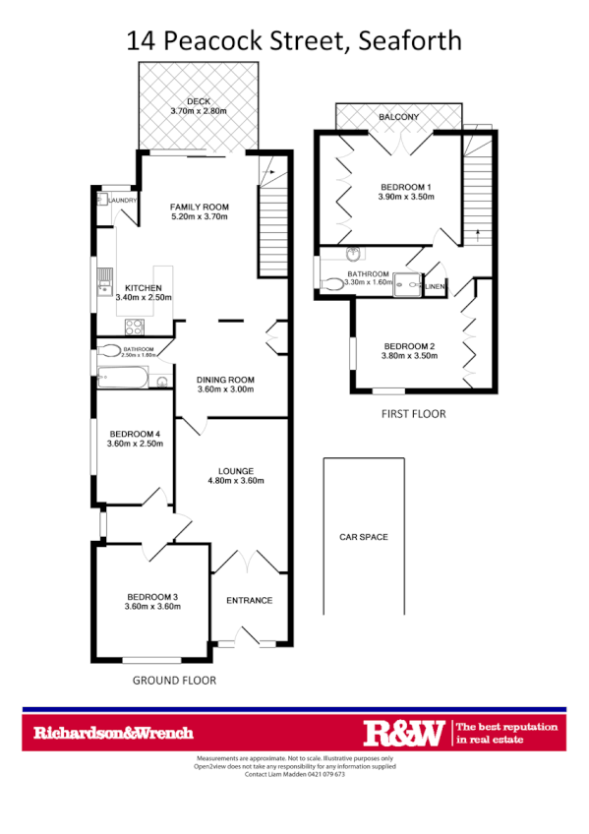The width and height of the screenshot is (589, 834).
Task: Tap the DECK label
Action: click(x=199, y=100)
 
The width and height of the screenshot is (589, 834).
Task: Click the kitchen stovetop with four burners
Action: click(x=133, y=328)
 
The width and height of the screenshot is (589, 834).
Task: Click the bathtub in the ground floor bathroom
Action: click(x=122, y=379)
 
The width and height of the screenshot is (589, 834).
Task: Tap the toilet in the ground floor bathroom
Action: click(x=109, y=350)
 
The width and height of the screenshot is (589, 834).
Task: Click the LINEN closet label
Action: click(x=435, y=286)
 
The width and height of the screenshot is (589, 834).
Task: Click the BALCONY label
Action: click(x=399, y=117)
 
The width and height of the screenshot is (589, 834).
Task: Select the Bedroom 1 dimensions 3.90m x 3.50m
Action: click(x=407, y=197)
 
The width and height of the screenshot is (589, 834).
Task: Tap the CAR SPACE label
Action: click(x=363, y=537)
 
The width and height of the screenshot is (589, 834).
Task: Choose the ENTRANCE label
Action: click(x=249, y=600)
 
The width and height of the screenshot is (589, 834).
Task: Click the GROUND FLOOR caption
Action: click(x=174, y=680)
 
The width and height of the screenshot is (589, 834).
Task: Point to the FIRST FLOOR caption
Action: click(x=413, y=414)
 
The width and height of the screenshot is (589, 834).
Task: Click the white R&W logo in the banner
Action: click(x=403, y=732)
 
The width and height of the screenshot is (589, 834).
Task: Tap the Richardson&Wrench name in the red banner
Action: click(x=113, y=733)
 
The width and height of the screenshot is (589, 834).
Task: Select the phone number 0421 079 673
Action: click(x=324, y=775)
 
